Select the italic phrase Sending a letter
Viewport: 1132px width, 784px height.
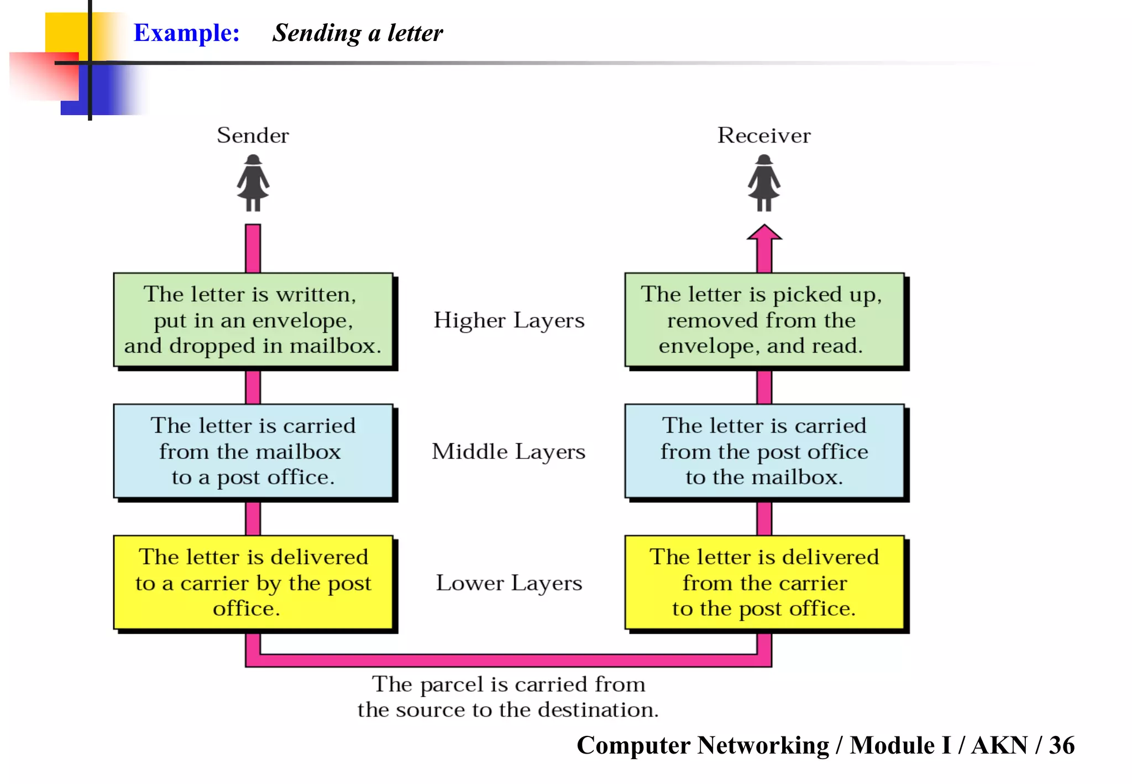[358, 33]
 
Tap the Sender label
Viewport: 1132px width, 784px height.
[253, 135]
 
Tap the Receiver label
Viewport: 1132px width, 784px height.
[764, 135]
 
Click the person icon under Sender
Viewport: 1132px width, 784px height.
[253, 183]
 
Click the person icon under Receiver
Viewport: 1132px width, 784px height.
[764, 183]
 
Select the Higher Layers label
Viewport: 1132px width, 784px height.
[509, 321]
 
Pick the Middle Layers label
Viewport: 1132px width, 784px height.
[509, 452]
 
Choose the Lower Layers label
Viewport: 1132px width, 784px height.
[509, 583]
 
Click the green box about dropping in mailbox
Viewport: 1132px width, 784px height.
[253, 320]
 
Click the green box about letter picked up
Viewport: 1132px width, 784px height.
[764, 320]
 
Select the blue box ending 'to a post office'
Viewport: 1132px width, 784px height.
[253, 451]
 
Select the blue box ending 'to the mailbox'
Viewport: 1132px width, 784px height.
[764, 451]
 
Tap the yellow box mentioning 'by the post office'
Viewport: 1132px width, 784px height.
[253, 582]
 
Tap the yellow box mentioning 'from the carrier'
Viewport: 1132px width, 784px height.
[764, 582]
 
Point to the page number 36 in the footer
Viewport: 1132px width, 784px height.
[1061, 745]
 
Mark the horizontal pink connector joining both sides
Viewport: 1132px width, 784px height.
[509, 660]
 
